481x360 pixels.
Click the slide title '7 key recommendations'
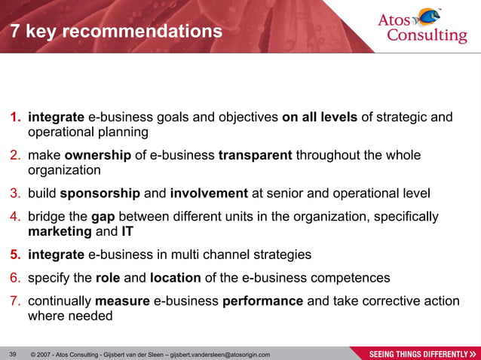(116, 32)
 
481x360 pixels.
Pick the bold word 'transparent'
(255, 156)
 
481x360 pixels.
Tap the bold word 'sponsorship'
(100, 194)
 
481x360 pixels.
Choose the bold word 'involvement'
(209, 194)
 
